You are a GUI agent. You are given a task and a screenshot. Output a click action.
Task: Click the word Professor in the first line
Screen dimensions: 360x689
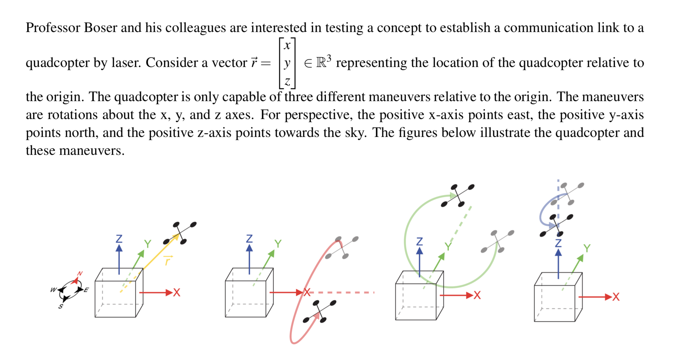[x=53, y=28]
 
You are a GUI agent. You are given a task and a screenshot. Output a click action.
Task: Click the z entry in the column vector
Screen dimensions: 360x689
[x=287, y=82]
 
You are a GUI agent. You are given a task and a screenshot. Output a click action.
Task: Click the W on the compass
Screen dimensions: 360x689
[x=53, y=290]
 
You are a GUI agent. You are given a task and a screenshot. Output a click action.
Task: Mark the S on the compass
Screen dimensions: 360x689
[x=61, y=306]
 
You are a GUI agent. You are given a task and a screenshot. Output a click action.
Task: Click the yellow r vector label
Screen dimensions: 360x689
[x=168, y=260]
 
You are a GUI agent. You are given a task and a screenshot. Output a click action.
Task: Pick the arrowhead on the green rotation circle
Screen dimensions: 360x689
[x=453, y=196]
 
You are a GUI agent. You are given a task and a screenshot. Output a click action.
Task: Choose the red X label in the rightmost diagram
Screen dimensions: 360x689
[x=616, y=297]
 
